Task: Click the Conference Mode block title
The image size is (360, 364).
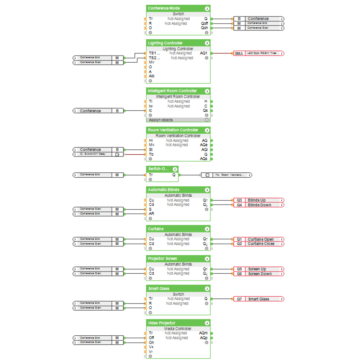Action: [x=164, y=8]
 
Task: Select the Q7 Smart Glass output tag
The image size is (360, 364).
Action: [x=259, y=299]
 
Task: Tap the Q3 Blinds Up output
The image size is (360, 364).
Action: [x=259, y=200]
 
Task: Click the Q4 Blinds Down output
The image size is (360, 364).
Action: [x=259, y=205]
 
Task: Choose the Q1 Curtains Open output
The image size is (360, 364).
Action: [x=259, y=239]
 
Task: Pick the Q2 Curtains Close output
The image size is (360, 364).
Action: [x=259, y=244]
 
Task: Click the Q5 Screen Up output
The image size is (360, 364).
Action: [x=259, y=269]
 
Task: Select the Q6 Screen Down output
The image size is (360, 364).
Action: [x=259, y=274]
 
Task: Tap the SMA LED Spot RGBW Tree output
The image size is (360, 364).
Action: [x=259, y=53]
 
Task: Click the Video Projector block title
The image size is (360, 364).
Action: [x=162, y=323]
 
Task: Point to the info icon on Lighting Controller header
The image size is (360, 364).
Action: [x=207, y=43]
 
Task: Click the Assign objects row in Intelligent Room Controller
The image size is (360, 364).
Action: [x=161, y=120]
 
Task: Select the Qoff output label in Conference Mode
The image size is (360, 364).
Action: [x=204, y=23]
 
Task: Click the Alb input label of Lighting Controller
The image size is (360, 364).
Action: [x=152, y=76]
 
